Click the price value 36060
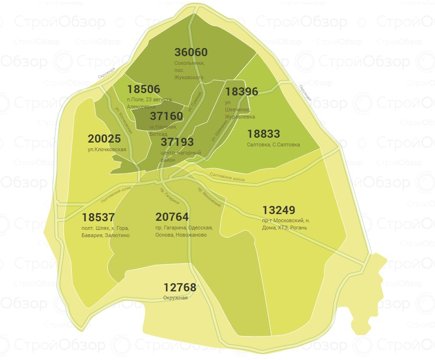click(x=191, y=52)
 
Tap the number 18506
click(x=144, y=89)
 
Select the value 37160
click(x=166, y=116)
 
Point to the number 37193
click(x=177, y=142)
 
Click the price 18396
click(x=242, y=91)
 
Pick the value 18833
click(x=263, y=133)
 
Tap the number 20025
click(x=104, y=139)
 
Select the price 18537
click(x=98, y=217)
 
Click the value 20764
click(x=172, y=217)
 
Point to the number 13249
click(x=279, y=210)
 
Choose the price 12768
click(x=180, y=288)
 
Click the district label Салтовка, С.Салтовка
click(x=273, y=144)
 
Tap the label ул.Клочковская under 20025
click(x=107, y=149)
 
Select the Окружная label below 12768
click(x=175, y=298)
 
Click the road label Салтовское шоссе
click(x=227, y=178)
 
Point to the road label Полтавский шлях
click(x=117, y=194)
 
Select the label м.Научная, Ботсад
click(x=163, y=130)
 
